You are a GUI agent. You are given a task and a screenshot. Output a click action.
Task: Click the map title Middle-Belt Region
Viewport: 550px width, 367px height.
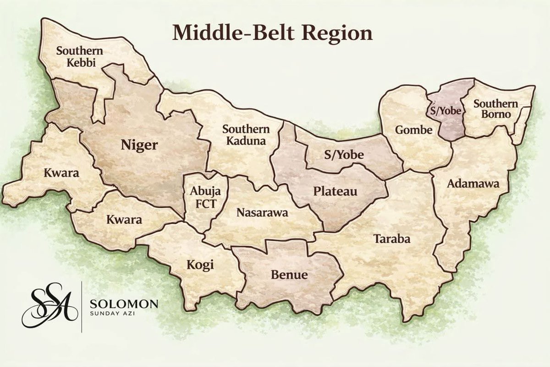272,33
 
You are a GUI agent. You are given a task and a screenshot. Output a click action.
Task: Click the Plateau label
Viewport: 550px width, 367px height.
335,191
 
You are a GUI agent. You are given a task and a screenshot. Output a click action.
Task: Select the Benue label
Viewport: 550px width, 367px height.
283,275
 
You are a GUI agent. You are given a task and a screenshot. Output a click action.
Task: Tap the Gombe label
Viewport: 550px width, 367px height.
414,130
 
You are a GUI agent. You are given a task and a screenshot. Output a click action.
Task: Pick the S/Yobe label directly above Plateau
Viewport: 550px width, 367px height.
344,155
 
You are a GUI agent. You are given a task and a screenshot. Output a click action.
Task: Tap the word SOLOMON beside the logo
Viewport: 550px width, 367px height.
124,304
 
